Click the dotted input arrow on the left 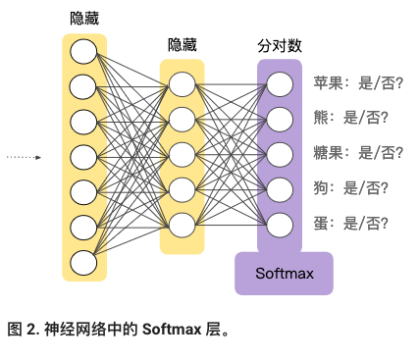(24, 156)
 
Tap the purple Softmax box (284, 273)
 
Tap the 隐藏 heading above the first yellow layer (83, 19)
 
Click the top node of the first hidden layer (83, 50)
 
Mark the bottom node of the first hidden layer (83, 262)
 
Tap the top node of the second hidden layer (182, 83)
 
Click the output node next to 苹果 (280, 83)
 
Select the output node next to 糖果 (280, 154)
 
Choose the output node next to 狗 (280, 188)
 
